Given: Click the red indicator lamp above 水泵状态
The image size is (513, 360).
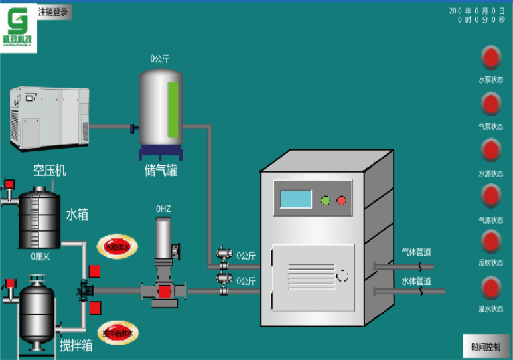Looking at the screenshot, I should (x=490, y=58).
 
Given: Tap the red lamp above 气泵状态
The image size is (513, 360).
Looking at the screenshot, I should (x=490, y=104).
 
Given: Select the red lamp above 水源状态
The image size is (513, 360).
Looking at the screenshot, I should (x=490, y=150).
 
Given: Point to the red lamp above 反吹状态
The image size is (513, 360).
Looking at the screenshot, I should (x=490, y=242).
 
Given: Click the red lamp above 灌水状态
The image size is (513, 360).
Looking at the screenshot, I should (x=490, y=288).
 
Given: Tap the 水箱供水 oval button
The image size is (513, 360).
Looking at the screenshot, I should (x=118, y=247).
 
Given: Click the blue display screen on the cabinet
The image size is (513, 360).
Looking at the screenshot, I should (x=296, y=199).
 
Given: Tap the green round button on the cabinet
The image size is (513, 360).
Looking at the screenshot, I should (x=326, y=199).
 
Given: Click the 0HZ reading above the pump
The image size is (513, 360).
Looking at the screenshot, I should (x=163, y=209).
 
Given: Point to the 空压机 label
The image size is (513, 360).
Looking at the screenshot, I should (x=50, y=171).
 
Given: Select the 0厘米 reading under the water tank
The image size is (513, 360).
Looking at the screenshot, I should (x=40, y=256).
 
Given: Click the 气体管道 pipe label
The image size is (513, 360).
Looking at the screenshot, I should (x=416, y=252).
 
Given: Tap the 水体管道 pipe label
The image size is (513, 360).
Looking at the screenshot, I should (x=416, y=281).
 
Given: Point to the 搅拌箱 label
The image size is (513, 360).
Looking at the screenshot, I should (x=76, y=345).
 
